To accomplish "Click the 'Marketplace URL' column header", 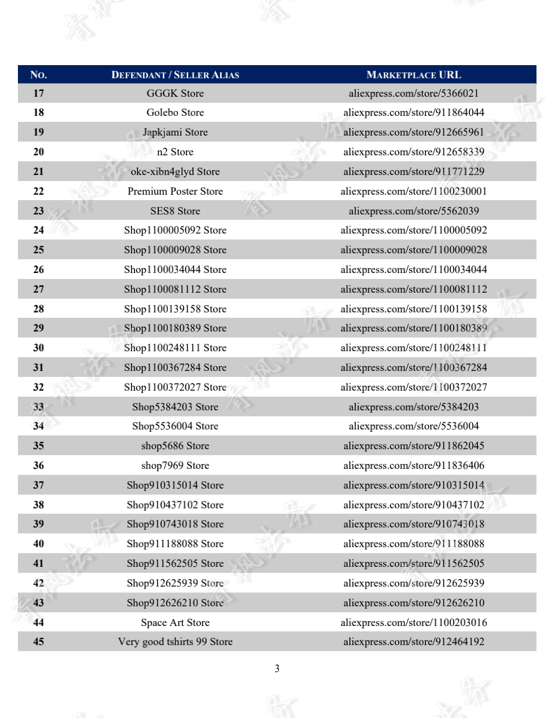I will pyautogui.click(x=413, y=75).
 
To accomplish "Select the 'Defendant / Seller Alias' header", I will pyautogui.click(x=175, y=75).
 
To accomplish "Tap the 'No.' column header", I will pyautogui.click(x=38, y=75).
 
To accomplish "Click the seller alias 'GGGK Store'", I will pyautogui.click(x=175, y=93).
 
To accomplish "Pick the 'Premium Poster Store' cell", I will pyautogui.click(x=175, y=191).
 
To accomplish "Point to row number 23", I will pyautogui.click(x=38, y=211).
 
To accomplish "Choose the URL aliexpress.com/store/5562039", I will pyautogui.click(x=413, y=211).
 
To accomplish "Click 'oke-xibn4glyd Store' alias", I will pyautogui.click(x=175, y=171).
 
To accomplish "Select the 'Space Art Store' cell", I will pyautogui.click(x=175, y=622).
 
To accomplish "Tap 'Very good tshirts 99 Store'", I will pyautogui.click(x=175, y=642).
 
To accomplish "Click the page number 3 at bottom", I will pyautogui.click(x=277, y=669).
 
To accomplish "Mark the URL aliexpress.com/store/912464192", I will pyautogui.click(x=413, y=642).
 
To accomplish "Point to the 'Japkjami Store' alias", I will pyautogui.click(x=175, y=132).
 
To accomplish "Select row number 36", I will pyautogui.click(x=38, y=465).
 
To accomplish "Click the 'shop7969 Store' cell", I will pyautogui.click(x=175, y=465).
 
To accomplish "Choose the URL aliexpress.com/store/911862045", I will pyautogui.click(x=413, y=446).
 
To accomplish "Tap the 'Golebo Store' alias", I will pyautogui.click(x=175, y=112).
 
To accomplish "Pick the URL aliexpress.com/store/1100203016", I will pyautogui.click(x=413, y=622).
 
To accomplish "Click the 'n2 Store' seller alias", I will pyautogui.click(x=175, y=152).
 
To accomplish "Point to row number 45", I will pyautogui.click(x=38, y=642).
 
